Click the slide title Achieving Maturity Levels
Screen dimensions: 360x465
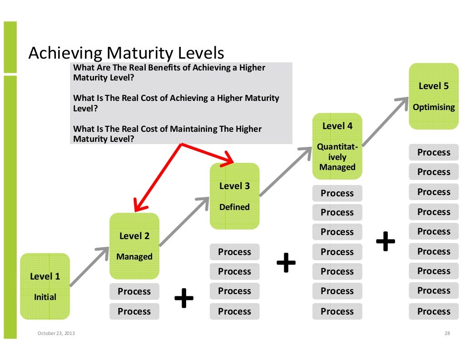coord(126,54)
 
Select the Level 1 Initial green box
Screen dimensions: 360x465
coord(45,286)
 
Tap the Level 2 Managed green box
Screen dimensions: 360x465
coord(134,246)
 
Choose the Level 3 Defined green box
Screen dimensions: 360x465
coord(234,196)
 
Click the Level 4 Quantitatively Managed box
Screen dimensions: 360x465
coord(337,146)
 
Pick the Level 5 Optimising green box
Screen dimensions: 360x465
coord(434,96)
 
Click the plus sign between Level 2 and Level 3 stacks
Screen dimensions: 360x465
coord(184,298)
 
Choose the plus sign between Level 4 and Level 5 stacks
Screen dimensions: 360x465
coord(386,241)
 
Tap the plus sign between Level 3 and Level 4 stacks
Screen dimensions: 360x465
coord(286,263)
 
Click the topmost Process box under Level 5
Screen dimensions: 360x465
coord(434,153)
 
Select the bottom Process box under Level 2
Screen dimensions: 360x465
coord(134,311)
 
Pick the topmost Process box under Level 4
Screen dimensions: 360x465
coord(337,193)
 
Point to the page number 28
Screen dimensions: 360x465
coord(446,334)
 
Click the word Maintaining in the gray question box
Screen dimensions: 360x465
coord(193,129)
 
